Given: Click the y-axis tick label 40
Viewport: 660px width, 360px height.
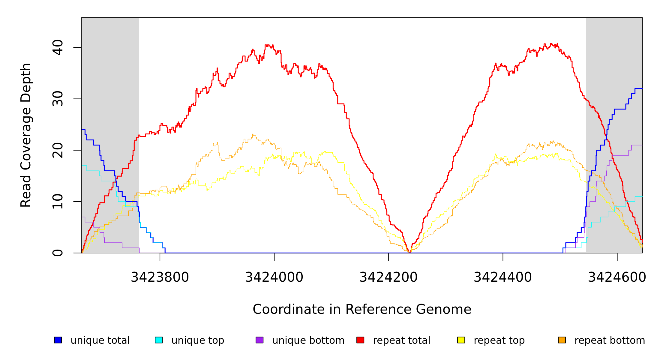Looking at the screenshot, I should [58, 47].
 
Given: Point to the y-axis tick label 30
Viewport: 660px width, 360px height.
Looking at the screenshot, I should [58, 99].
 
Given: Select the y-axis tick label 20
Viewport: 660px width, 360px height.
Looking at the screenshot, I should [58, 150].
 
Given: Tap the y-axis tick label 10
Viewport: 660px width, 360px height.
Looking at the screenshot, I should [58, 202].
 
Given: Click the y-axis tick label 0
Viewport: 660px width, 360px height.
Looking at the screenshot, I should [58, 253].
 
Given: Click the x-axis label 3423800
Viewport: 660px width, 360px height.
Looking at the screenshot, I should [160, 277].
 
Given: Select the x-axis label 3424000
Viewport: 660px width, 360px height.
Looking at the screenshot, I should [274, 277].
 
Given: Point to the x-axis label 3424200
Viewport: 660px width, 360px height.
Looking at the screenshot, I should [388, 277].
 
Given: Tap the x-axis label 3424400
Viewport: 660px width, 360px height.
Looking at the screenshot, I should [503, 277].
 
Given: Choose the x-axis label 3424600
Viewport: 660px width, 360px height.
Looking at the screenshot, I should [617, 277].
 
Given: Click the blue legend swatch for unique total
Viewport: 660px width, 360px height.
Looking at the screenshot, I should [58, 340].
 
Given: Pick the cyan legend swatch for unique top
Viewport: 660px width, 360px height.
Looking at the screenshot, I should [159, 340].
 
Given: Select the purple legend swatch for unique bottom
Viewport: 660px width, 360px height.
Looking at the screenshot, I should [259, 340].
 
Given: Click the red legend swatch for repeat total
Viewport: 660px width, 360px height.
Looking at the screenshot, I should [360, 340].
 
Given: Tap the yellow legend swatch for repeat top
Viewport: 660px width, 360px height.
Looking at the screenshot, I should [461, 340].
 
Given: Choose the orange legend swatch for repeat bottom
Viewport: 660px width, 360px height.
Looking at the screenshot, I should [562, 340].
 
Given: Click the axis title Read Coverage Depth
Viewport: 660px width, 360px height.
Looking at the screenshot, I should [26, 135].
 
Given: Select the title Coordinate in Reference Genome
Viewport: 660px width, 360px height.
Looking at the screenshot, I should [362, 309].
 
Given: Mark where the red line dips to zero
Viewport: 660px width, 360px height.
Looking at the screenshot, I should [409, 252].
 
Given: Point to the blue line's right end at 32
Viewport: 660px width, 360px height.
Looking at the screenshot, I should [642, 88].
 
